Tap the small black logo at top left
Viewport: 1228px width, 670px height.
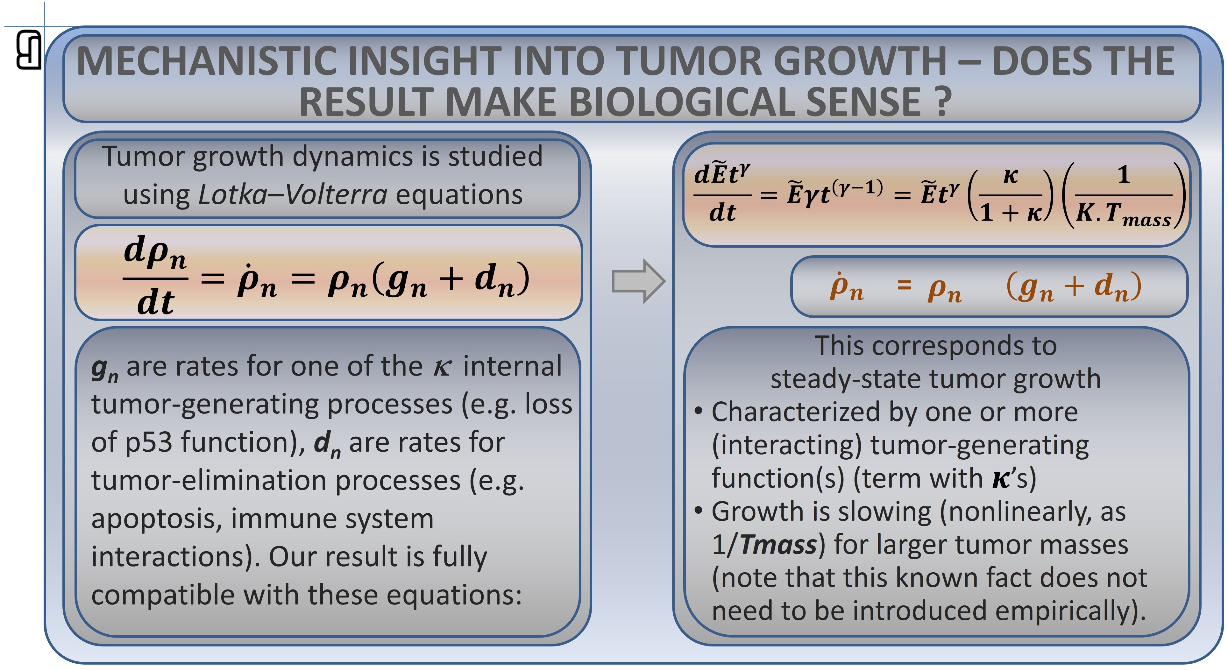29,50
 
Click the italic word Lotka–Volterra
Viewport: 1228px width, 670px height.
293,194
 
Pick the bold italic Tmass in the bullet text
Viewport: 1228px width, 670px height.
778,544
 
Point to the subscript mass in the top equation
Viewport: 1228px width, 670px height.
1146,221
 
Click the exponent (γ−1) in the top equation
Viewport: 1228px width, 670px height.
858,188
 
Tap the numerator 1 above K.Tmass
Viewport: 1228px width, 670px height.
1124,175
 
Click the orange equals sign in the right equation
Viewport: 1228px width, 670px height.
904,286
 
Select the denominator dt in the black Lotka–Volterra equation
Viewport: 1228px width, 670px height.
155,302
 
